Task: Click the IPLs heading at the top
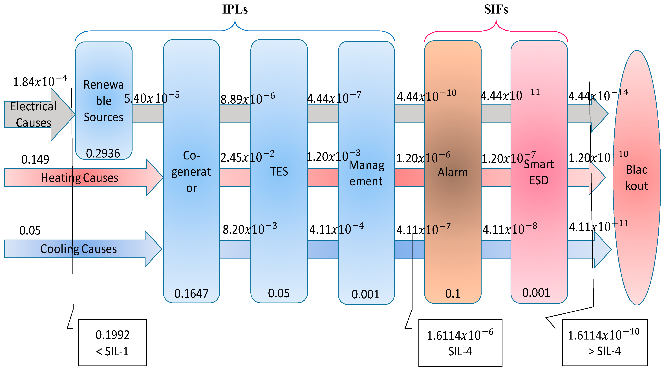pyautogui.click(x=235, y=10)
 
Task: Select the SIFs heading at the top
pyautogui.click(x=496, y=10)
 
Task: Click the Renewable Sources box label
pyautogui.click(x=104, y=101)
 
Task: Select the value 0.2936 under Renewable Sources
pyautogui.click(x=103, y=153)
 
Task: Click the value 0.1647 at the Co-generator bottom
pyautogui.click(x=191, y=294)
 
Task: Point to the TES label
pyautogui.click(x=279, y=171)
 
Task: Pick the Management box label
pyautogui.click(x=366, y=173)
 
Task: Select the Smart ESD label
pyautogui.click(x=539, y=172)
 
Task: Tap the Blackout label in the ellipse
pyautogui.click(x=637, y=178)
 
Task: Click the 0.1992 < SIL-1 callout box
pyautogui.click(x=113, y=343)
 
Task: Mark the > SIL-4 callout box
pyautogui.click(x=605, y=343)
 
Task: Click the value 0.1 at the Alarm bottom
pyautogui.click(x=453, y=294)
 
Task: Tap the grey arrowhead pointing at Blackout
pyautogui.click(x=599, y=114)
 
